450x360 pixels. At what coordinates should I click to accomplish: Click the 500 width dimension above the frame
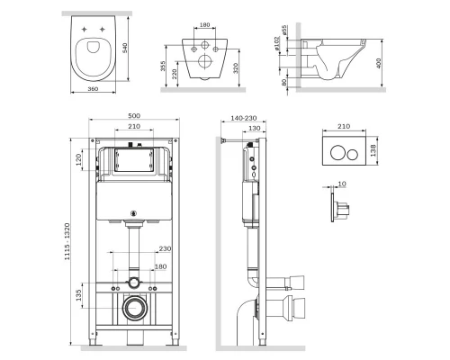coord(133,118)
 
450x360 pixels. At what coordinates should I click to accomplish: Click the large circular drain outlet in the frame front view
coord(133,307)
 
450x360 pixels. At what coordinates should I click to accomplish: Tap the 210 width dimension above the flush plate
coord(341,128)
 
